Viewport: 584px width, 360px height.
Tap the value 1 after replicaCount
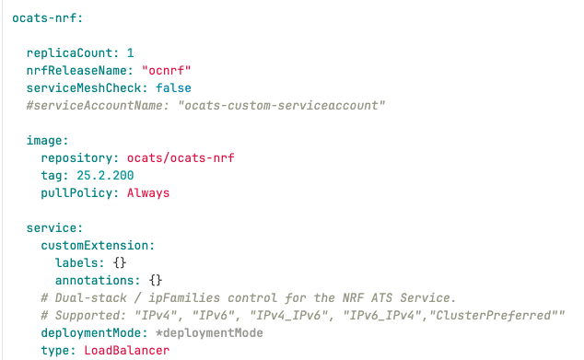coord(130,53)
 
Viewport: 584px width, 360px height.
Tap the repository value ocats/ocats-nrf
coord(181,158)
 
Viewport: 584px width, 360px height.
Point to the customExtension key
coord(97,246)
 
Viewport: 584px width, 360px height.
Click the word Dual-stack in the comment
coord(94,298)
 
